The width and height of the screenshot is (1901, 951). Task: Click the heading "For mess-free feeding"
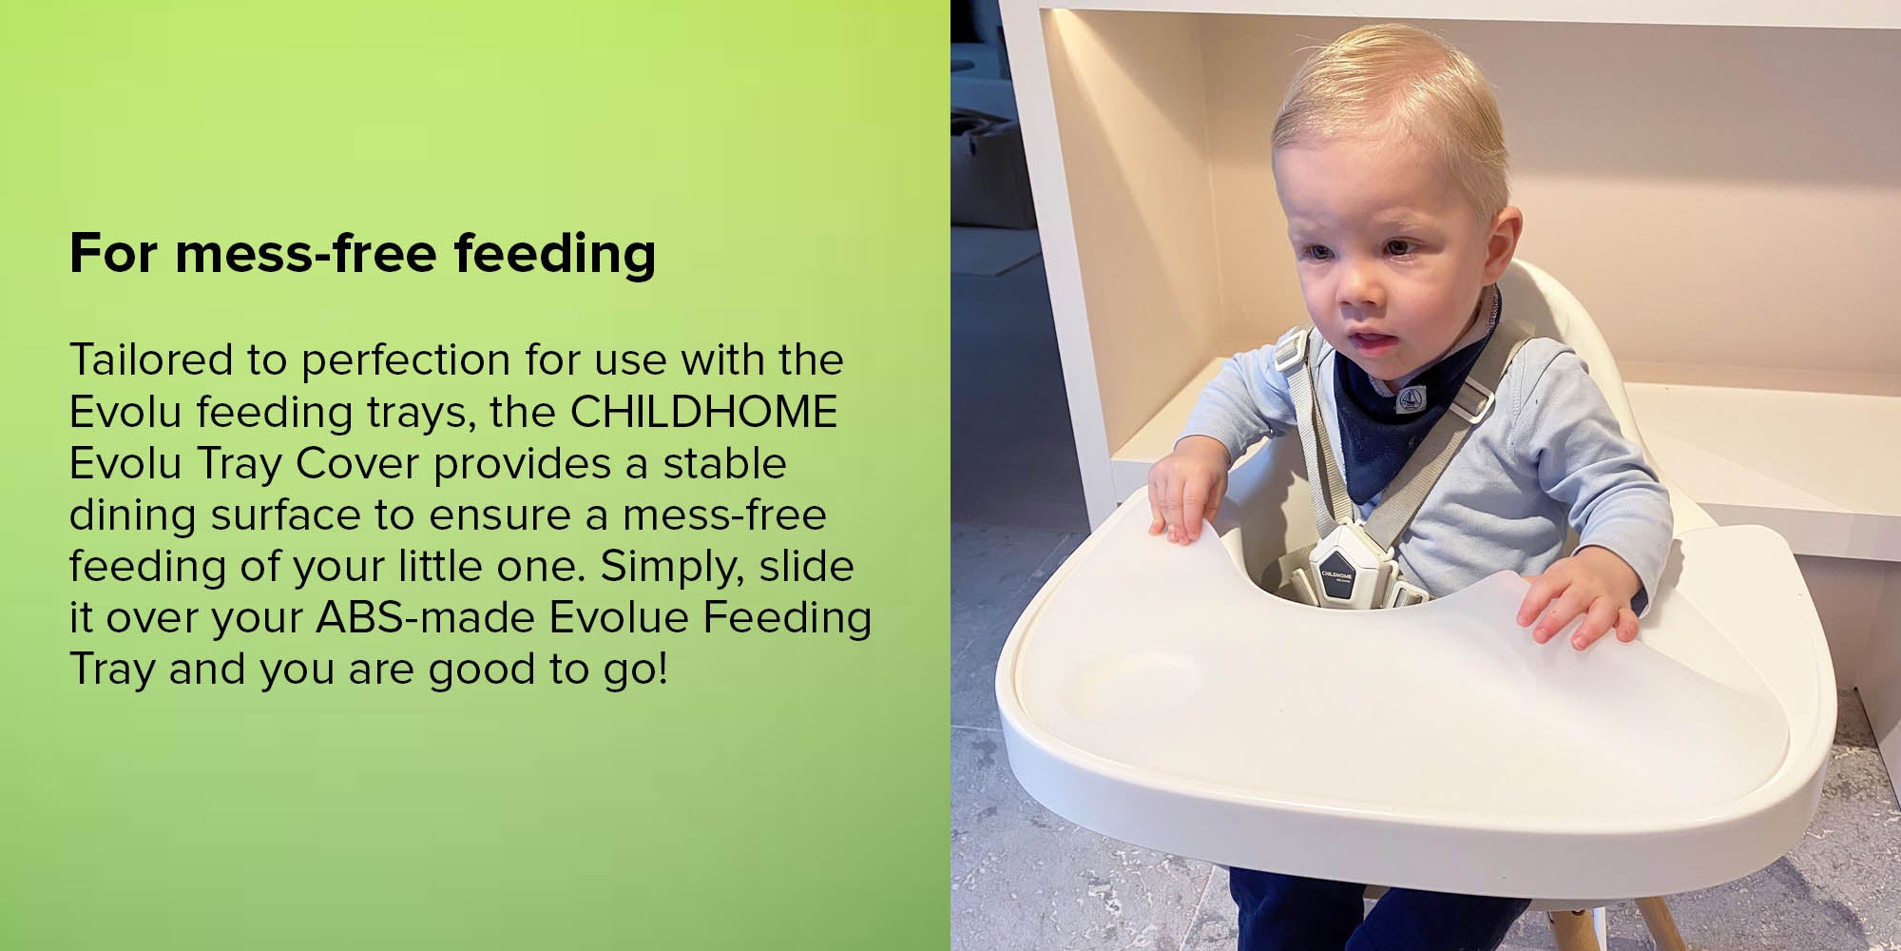(x=362, y=254)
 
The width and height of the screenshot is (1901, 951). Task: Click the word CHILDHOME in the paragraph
(x=703, y=412)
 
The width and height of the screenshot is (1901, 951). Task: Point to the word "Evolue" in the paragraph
(x=619, y=617)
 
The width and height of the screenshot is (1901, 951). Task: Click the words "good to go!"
(x=548, y=670)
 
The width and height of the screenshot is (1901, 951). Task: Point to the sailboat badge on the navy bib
(x=1411, y=401)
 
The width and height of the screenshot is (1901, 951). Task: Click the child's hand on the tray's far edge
(x=1181, y=497)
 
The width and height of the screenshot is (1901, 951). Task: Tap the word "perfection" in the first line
(x=406, y=360)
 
